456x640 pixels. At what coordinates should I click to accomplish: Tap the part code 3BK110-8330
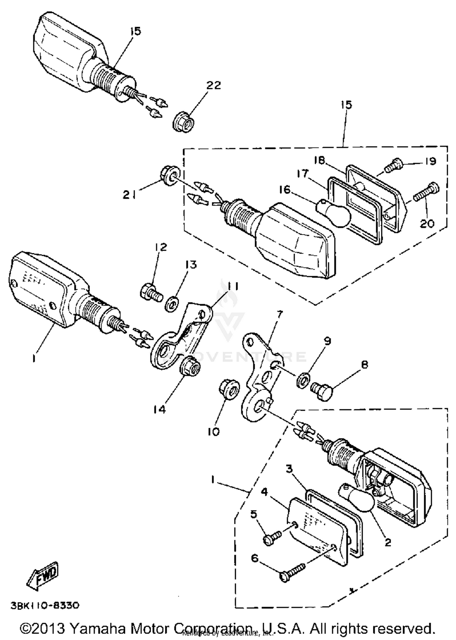[45, 605]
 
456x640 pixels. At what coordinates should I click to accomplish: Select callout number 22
[213, 85]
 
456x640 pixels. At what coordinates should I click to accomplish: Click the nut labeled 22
[184, 122]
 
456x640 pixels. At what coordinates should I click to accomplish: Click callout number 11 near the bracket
[233, 286]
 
